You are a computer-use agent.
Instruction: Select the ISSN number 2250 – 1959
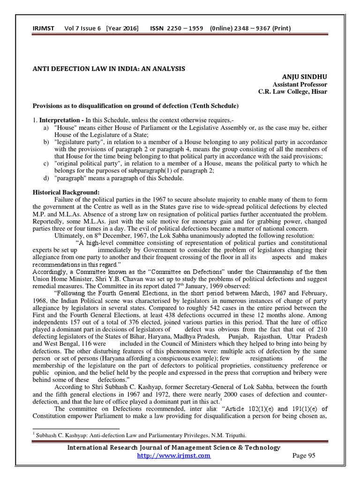click(x=183, y=29)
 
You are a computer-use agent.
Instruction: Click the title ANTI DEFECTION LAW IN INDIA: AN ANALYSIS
click(x=108, y=69)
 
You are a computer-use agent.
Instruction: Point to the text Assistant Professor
click(x=298, y=84)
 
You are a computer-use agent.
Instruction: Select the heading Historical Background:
click(x=61, y=193)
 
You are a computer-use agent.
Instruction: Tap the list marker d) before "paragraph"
click(x=45, y=178)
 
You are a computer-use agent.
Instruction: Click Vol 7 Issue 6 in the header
click(x=82, y=29)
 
